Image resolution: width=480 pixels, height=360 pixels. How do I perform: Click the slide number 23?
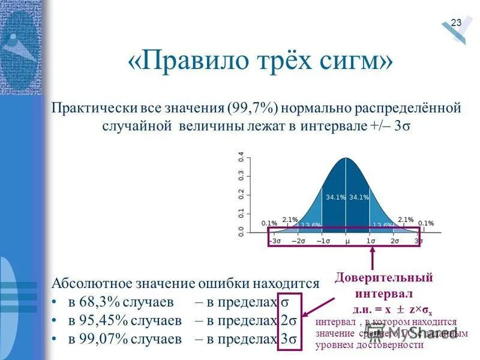(x=456, y=23)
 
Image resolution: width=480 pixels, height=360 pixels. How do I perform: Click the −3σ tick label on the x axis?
(x=275, y=241)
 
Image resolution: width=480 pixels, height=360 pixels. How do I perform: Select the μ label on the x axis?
(x=347, y=241)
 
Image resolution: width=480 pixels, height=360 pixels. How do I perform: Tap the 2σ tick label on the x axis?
(x=395, y=241)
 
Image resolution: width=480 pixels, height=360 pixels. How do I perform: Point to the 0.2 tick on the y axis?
(x=241, y=194)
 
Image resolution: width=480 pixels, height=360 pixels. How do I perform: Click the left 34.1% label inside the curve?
(x=334, y=197)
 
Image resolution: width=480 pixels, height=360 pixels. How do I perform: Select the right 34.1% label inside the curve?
(x=359, y=197)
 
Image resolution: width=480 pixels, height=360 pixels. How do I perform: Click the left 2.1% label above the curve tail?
(x=290, y=220)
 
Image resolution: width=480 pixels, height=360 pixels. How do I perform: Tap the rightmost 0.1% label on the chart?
(x=425, y=223)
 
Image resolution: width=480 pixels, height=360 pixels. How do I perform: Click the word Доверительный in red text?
(x=384, y=278)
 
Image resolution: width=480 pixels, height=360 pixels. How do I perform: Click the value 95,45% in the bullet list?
(x=95, y=320)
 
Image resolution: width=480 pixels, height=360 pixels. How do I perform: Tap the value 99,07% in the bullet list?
(x=95, y=339)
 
